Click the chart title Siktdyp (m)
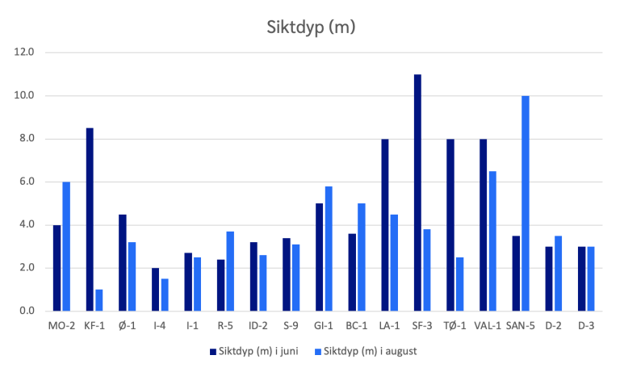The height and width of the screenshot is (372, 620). point(311,27)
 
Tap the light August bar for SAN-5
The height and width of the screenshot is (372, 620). point(526,203)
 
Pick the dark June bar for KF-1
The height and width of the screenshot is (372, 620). point(90,219)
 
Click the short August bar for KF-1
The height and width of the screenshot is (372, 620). point(99,300)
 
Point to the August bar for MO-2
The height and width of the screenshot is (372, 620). point(66,246)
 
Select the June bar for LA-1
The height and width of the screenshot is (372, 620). point(385,225)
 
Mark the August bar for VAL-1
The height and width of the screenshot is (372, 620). point(492,241)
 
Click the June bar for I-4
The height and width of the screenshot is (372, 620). point(156,290)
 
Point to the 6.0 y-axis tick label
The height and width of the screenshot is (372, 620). point(26,182)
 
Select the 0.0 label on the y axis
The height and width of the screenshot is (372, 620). point(26,311)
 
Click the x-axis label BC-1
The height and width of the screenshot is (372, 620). point(357,326)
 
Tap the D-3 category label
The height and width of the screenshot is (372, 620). point(587,326)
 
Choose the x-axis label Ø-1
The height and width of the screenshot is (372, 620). point(128,326)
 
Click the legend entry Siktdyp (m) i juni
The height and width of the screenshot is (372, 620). point(260,351)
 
